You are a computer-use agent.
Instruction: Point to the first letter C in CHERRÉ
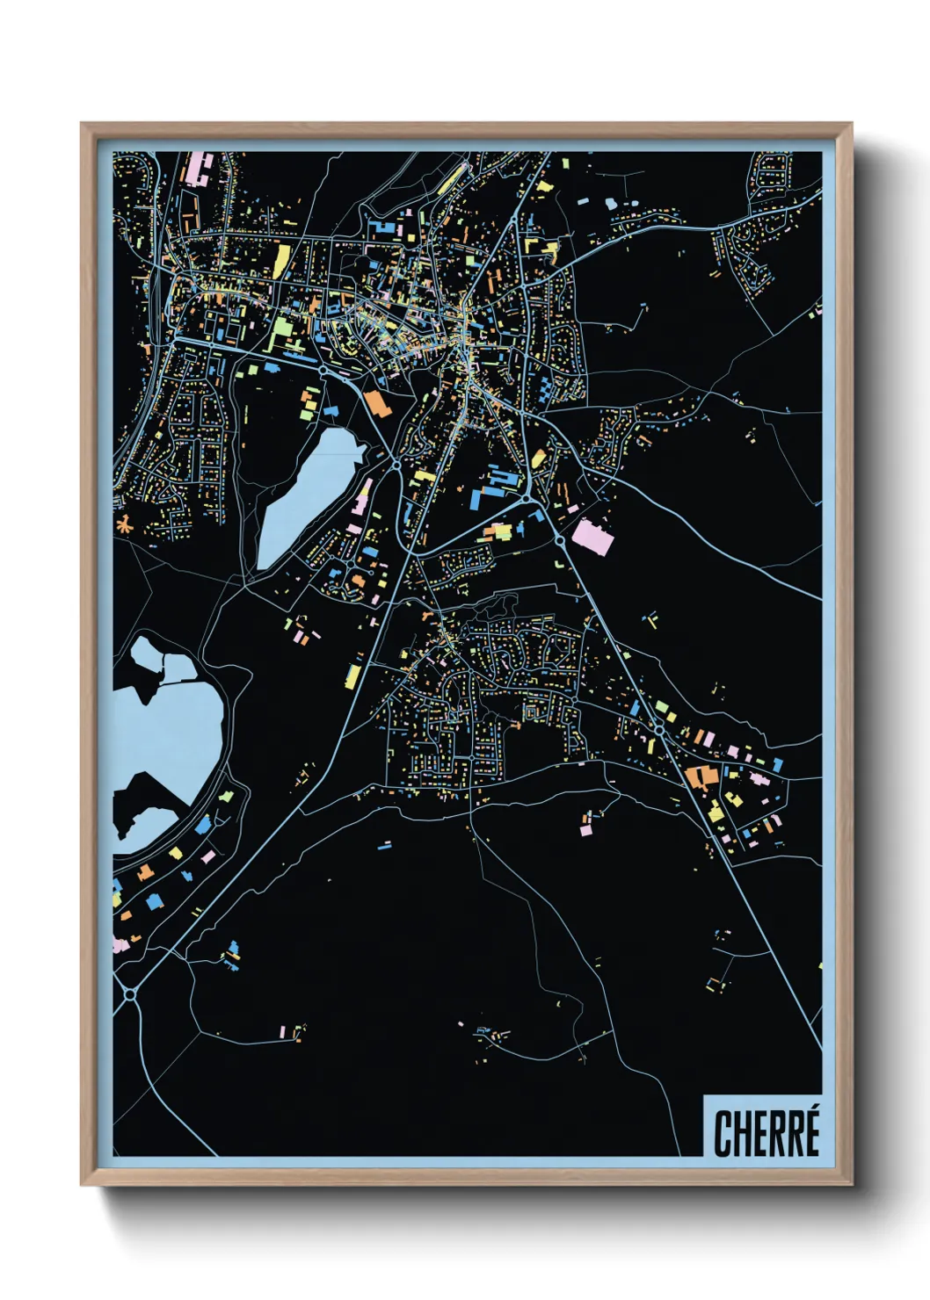click(723, 1134)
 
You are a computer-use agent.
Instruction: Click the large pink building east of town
click(592, 537)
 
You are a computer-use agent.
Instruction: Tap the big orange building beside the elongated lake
click(376, 403)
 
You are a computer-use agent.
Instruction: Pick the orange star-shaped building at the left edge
click(125, 525)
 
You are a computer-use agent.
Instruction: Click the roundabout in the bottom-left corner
click(129, 993)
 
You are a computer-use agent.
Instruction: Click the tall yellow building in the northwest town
click(281, 261)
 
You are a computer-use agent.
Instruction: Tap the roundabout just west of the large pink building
click(561, 542)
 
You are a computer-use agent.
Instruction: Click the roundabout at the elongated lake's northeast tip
click(396, 460)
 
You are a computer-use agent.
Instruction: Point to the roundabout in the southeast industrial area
click(658, 729)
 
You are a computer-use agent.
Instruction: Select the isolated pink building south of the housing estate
click(586, 827)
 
